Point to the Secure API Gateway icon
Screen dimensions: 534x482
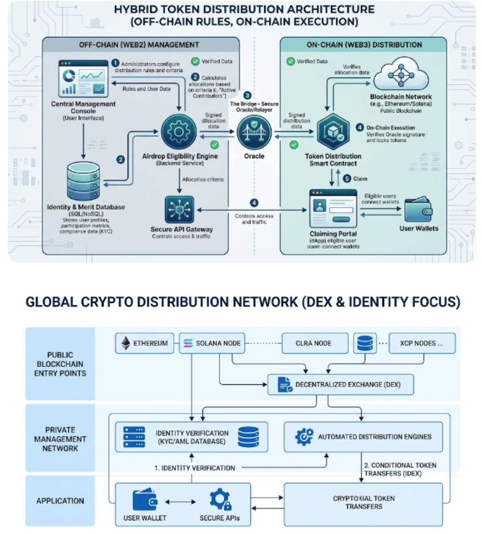pyautogui.click(x=179, y=210)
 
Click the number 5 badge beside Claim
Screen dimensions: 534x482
pyautogui.click(x=346, y=178)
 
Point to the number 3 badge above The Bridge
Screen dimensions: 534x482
pyautogui.click(x=248, y=95)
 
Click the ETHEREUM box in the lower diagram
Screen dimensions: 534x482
pyautogui.click(x=144, y=343)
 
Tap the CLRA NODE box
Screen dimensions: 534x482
pyautogui.click(x=313, y=343)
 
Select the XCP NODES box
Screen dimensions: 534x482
pyautogui.click(x=422, y=343)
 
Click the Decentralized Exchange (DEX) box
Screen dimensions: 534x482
pyautogui.click(x=340, y=384)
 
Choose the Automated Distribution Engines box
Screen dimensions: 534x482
pyautogui.click(x=363, y=436)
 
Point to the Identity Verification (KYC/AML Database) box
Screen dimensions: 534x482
pyautogui.click(x=192, y=436)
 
